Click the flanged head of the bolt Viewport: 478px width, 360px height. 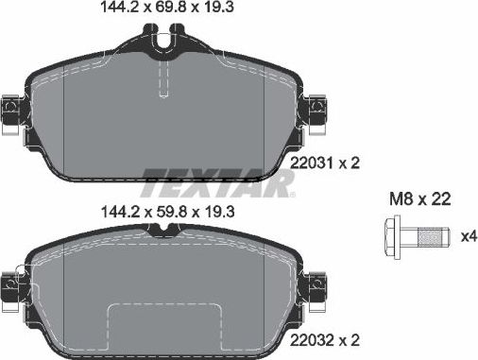point(392,233)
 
